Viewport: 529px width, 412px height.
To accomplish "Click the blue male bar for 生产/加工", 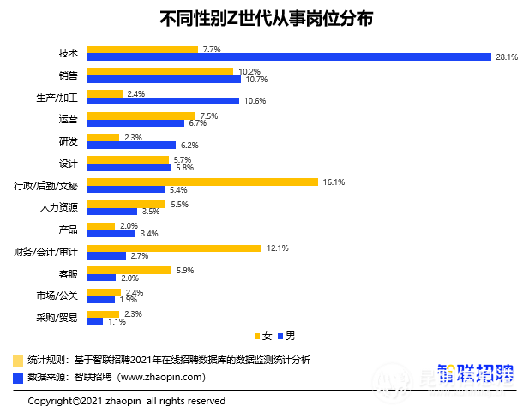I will [163, 101].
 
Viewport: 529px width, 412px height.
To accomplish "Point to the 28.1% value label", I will [505, 57].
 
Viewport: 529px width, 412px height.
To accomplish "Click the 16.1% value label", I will [334, 182].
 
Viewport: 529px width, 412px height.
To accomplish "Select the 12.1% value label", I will [278, 248].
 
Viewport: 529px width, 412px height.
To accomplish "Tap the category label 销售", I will [69, 75].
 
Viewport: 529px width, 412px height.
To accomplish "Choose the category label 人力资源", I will [59, 207].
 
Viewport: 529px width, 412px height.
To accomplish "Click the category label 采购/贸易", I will [57, 318].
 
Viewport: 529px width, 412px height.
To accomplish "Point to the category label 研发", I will [69, 141].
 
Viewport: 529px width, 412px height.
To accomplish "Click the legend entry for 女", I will [262, 335].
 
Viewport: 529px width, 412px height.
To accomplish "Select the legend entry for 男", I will [286, 335].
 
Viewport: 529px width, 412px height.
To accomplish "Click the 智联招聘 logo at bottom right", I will [476, 373].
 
